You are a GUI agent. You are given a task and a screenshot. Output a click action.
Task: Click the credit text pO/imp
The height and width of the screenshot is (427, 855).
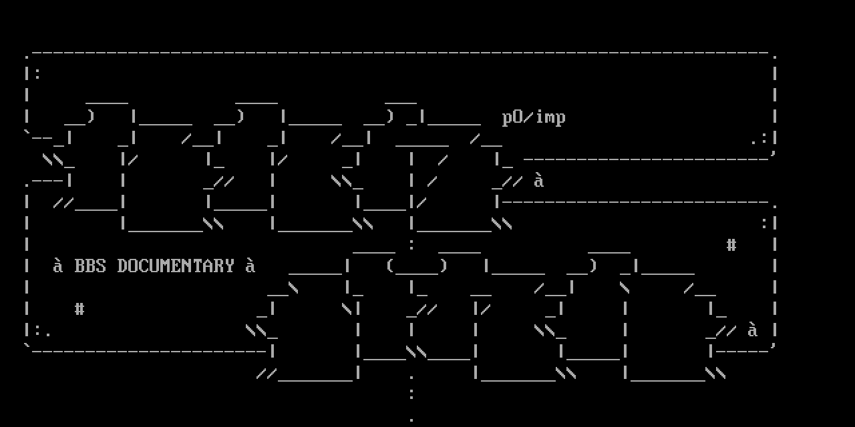tap(534, 118)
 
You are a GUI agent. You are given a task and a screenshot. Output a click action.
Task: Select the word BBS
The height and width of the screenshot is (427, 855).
tap(90, 266)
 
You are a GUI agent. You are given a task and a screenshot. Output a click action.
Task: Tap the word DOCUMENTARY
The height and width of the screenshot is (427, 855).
tap(176, 266)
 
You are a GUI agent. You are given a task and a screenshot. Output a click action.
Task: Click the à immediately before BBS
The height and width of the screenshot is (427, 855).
tap(58, 266)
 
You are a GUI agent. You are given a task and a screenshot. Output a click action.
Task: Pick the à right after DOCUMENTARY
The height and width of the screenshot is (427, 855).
tap(250, 266)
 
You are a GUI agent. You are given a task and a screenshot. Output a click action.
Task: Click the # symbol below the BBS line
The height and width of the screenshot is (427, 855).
tap(79, 309)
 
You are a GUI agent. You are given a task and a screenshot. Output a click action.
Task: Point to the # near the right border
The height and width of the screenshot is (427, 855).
tap(731, 245)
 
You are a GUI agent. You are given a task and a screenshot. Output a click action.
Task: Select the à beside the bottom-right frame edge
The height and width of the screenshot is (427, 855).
tap(753, 330)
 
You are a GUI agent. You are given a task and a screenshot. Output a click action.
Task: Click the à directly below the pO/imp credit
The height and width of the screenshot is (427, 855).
tap(539, 181)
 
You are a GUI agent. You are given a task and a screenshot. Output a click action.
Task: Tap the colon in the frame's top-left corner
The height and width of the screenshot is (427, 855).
tap(37, 73)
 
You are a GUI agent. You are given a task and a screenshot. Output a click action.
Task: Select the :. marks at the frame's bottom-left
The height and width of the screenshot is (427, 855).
tap(43, 330)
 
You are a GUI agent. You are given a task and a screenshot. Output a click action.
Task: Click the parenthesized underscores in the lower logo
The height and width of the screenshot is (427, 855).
tap(416, 266)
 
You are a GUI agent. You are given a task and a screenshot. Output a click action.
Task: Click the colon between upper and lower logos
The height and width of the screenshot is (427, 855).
tap(411, 244)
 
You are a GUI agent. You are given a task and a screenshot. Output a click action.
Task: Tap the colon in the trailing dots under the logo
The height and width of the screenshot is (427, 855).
tap(411, 394)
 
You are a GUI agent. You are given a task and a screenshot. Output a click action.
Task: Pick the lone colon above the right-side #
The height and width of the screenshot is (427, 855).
tap(764, 223)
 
